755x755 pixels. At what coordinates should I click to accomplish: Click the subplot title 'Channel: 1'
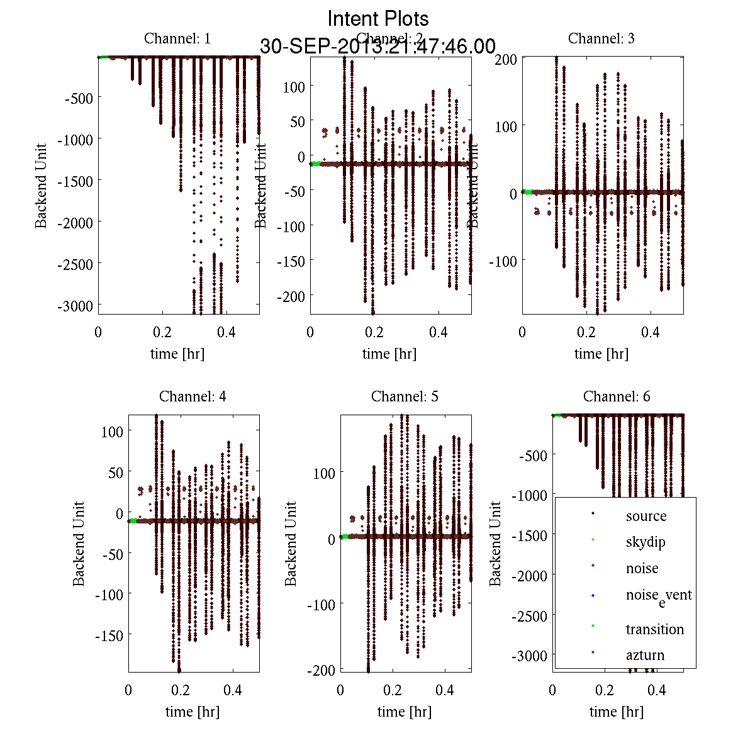[177, 38]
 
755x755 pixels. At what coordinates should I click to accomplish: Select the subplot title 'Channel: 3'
[601, 38]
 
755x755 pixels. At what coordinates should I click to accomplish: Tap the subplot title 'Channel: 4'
[193, 396]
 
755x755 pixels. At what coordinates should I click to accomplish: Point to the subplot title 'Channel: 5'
[405, 396]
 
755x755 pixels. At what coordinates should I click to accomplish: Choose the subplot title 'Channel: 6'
[617, 396]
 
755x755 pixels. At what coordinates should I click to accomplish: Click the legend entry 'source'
[646, 516]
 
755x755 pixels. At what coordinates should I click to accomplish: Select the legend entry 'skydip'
[645, 542]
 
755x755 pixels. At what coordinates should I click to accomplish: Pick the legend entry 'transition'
[654, 629]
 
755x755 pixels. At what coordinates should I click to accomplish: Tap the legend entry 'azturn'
[645, 655]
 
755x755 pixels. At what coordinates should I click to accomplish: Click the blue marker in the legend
[593, 595]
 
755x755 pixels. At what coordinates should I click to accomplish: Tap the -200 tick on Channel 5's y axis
[321, 671]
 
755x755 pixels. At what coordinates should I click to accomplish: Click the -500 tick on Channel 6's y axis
[534, 455]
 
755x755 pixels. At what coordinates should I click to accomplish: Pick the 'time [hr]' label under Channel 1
[177, 354]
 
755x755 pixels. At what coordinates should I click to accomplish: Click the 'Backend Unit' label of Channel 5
[291, 544]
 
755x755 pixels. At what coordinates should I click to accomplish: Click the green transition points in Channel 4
[133, 520]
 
